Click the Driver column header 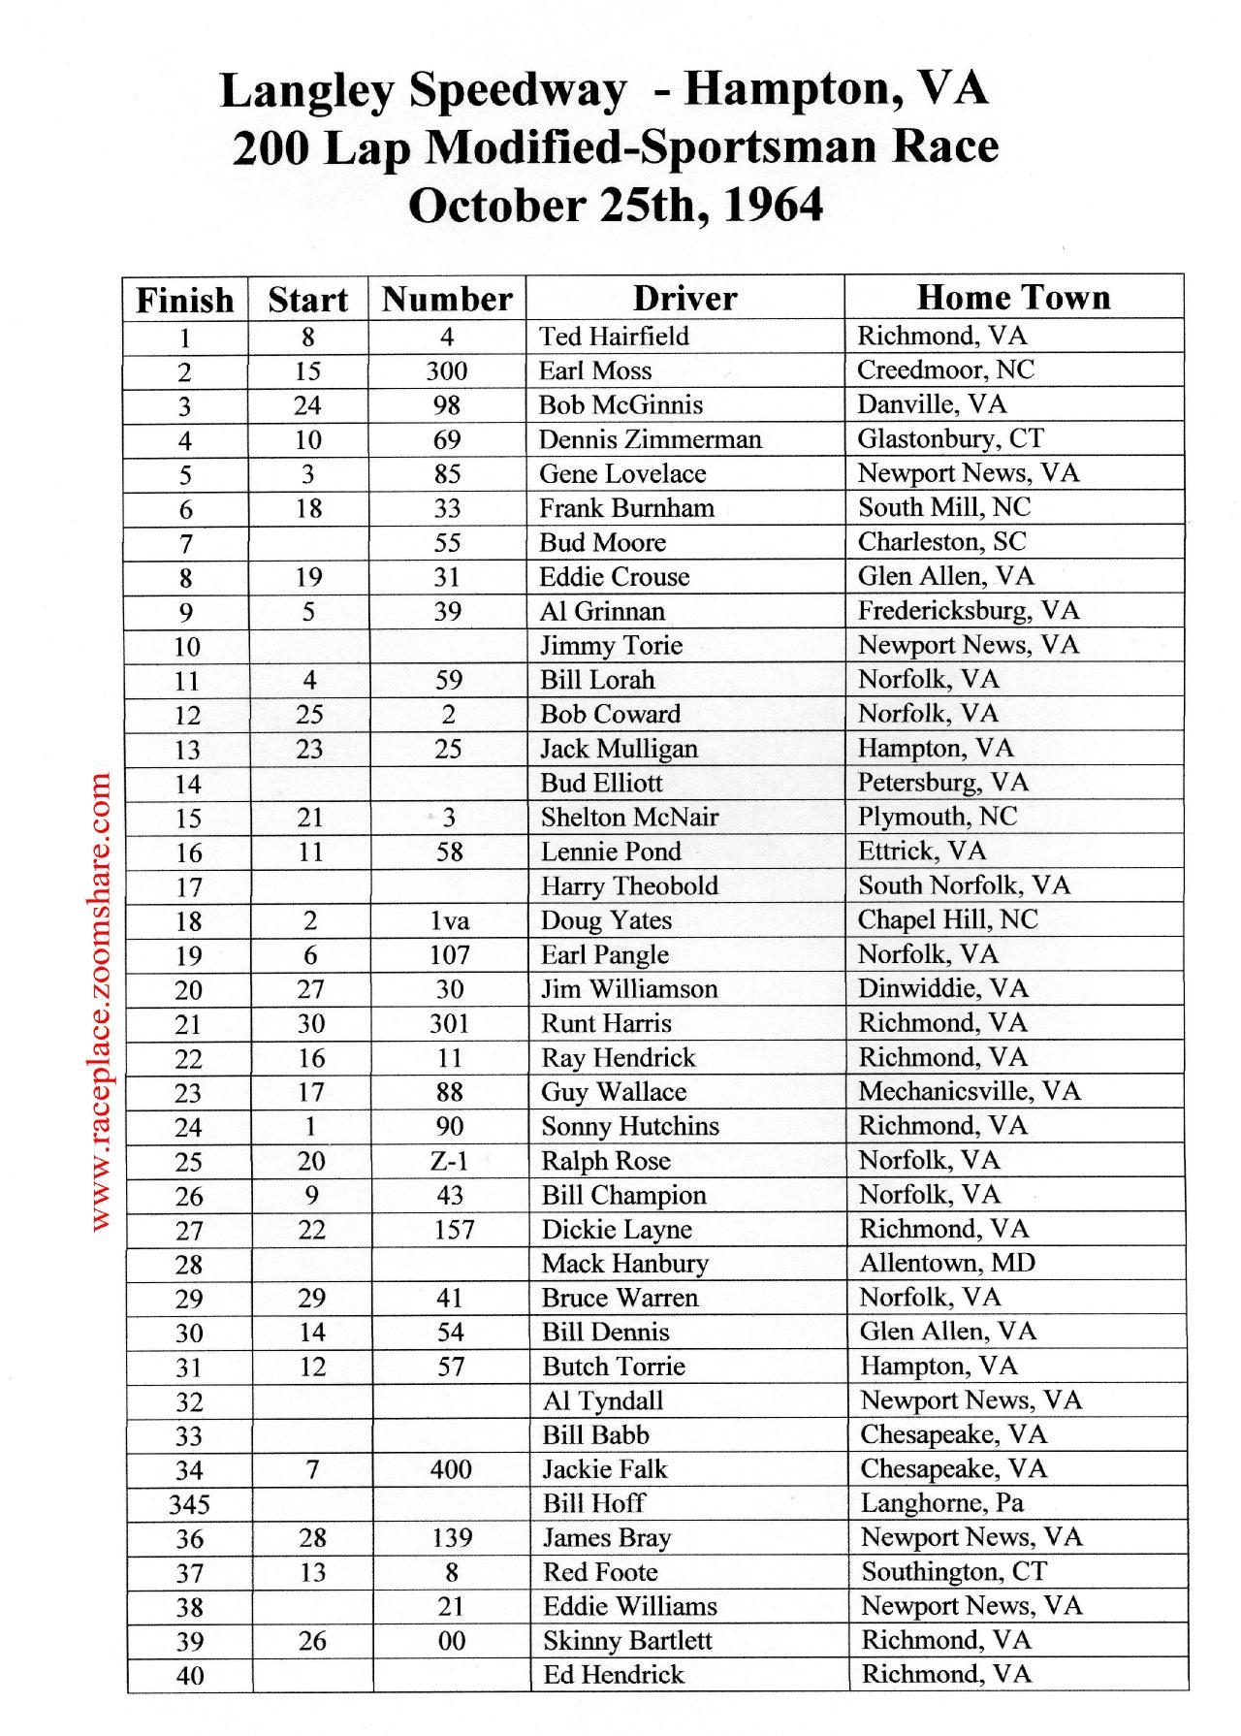[x=684, y=298]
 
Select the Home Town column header [x=1013, y=297]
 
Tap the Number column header [x=447, y=299]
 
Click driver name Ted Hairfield [x=614, y=337]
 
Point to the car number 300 [x=447, y=370]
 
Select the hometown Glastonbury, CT [x=950, y=438]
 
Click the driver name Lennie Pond [x=611, y=852]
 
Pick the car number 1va [x=450, y=920]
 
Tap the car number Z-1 [x=450, y=1161]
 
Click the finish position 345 [x=189, y=1504]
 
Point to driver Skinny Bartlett [x=627, y=1641]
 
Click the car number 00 [x=452, y=1641]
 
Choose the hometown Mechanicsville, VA [x=969, y=1091]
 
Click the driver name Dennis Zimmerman [x=650, y=439]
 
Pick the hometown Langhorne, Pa [x=942, y=1503]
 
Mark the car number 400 [x=451, y=1469]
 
